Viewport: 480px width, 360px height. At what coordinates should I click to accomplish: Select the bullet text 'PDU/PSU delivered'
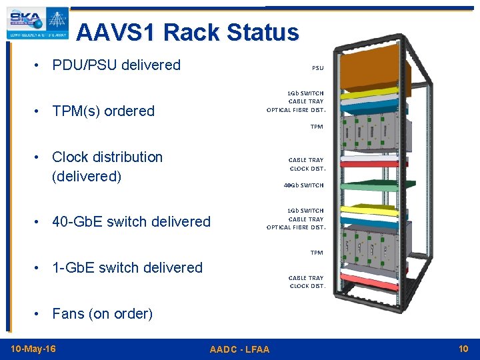[116, 65]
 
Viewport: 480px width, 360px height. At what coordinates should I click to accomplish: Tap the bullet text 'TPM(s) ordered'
[103, 111]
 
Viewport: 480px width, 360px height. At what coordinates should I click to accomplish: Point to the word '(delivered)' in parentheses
[87, 177]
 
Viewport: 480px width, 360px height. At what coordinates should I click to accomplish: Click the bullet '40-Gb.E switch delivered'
[131, 222]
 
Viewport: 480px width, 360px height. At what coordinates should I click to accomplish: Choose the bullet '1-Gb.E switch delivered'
[127, 268]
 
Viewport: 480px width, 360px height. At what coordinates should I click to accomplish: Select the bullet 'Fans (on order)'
[103, 314]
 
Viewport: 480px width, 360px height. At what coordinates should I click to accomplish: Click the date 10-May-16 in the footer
[33, 349]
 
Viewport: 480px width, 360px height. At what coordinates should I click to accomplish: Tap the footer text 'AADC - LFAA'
[239, 349]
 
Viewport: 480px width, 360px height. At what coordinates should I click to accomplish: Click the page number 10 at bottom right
[463, 349]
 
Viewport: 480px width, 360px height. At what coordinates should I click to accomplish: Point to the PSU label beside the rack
[317, 68]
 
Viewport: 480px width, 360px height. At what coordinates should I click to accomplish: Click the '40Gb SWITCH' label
[303, 185]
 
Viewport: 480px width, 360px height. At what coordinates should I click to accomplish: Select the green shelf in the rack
[373, 190]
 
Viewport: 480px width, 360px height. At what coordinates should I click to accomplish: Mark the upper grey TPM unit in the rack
[373, 133]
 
